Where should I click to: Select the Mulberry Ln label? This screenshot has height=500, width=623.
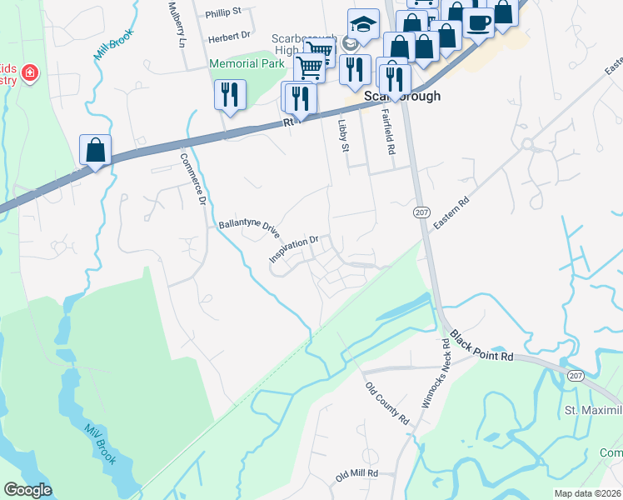click(x=175, y=23)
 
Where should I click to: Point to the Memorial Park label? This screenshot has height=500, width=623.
click(x=247, y=63)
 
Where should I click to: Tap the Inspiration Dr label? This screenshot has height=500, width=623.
click(x=294, y=249)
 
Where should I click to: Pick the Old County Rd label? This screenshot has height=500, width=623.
click(x=387, y=402)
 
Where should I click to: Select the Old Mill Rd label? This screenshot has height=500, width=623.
click(x=356, y=474)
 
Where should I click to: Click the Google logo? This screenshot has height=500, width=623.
click(x=27, y=490)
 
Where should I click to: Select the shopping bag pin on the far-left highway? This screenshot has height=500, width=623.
click(x=96, y=150)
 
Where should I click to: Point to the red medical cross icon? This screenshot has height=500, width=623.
click(x=30, y=73)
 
